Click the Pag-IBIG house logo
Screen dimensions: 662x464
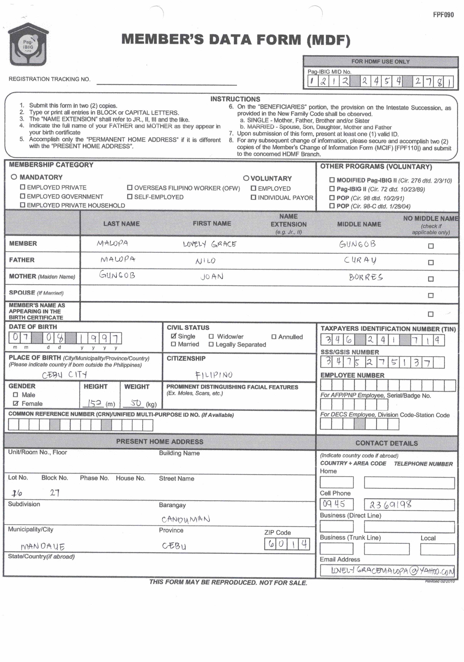point(28,45)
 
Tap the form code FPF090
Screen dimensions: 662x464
point(443,15)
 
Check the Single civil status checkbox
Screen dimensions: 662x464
point(173,336)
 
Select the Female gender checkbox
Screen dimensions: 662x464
point(16,403)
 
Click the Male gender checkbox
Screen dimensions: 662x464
point(16,395)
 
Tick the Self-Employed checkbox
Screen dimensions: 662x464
point(130,197)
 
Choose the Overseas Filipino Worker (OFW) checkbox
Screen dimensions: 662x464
point(130,188)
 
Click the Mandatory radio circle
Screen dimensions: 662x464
point(14,177)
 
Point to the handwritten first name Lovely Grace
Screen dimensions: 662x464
point(210,244)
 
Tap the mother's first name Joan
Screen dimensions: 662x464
point(212,277)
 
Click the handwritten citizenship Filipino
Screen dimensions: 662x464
point(214,375)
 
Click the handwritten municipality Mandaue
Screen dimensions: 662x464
point(43,547)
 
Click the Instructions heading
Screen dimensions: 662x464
point(235,99)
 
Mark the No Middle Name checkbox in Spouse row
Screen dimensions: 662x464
point(430,295)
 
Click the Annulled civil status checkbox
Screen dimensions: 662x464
point(274,336)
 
